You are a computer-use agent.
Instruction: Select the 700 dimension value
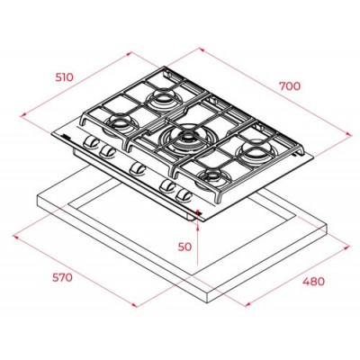click(289, 86)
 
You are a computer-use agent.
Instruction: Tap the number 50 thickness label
click(185, 246)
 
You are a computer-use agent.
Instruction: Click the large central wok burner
click(187, 137)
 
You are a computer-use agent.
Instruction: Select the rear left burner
click(165, 96)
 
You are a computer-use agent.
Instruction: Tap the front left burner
click(118, 122)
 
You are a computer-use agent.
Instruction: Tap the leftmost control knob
click(90, 143)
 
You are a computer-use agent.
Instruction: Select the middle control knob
click(137, 166)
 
